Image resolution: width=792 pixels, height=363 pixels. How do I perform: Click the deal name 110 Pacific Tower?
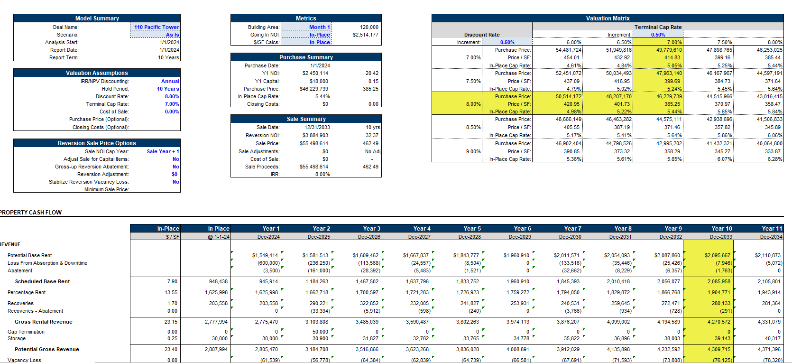(156, 27)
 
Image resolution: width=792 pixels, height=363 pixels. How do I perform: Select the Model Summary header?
(97, 18)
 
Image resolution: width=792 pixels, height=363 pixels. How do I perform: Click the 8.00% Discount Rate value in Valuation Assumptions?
(172, 96)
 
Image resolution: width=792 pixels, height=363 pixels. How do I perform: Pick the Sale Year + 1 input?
(163, 151)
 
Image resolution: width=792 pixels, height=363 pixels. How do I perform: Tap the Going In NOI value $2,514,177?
(365, 35)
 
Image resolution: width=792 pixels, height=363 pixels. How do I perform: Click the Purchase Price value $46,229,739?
(313, 89)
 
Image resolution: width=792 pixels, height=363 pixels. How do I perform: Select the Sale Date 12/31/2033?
(317, 127)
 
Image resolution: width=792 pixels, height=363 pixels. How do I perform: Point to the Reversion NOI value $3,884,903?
(315, 135)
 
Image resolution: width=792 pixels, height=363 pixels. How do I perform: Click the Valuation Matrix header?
(608, 18)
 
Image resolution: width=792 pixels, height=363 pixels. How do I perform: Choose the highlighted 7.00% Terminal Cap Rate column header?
(674, 42)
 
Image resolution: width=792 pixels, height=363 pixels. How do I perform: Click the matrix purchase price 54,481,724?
(568, 50)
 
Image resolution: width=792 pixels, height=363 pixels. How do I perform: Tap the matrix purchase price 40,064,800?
(769, 143)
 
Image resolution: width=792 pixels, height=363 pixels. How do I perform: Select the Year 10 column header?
(721, 228)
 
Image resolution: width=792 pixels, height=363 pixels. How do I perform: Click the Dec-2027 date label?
(419, 236)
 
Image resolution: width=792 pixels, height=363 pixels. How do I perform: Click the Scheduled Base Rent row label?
(42, 281)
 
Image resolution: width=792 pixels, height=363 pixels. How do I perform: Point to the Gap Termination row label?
(26, 332)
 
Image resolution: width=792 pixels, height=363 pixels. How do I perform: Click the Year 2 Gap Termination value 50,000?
(320, 332)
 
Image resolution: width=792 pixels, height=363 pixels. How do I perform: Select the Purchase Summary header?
(306, 57)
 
